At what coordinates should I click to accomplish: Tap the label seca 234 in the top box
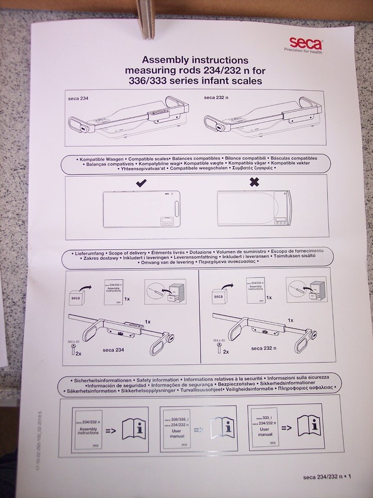pos(78,98)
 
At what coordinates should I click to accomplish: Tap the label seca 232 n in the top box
pos(216,96)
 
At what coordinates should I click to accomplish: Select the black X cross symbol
pos(254,183)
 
